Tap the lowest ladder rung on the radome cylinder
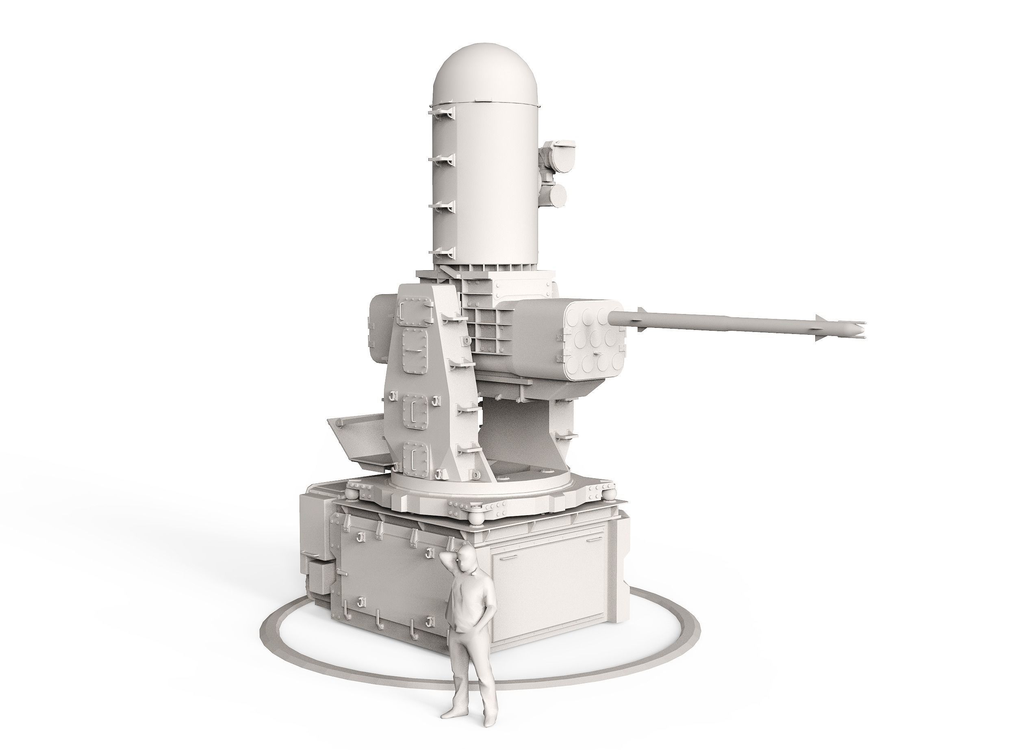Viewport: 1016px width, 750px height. (443, 252)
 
